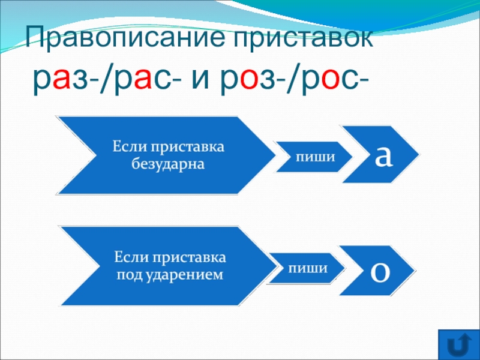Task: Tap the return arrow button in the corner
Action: (x=458, y=346)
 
